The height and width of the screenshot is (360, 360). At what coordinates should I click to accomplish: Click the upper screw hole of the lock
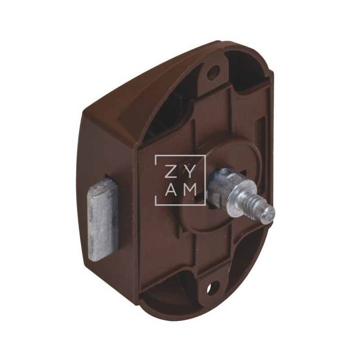tap(213, 72)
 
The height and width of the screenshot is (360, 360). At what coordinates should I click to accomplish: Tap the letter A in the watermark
tap(171, 190)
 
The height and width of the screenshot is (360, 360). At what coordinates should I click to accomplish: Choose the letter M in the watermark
tap(189, 190)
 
